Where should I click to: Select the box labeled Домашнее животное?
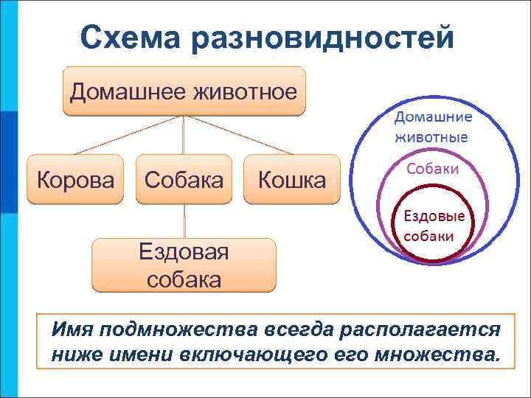pos(184,91)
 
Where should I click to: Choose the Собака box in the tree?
pos(184,179)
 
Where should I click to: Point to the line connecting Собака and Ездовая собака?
pos(184,220)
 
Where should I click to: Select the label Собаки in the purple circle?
pos(432,169)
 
